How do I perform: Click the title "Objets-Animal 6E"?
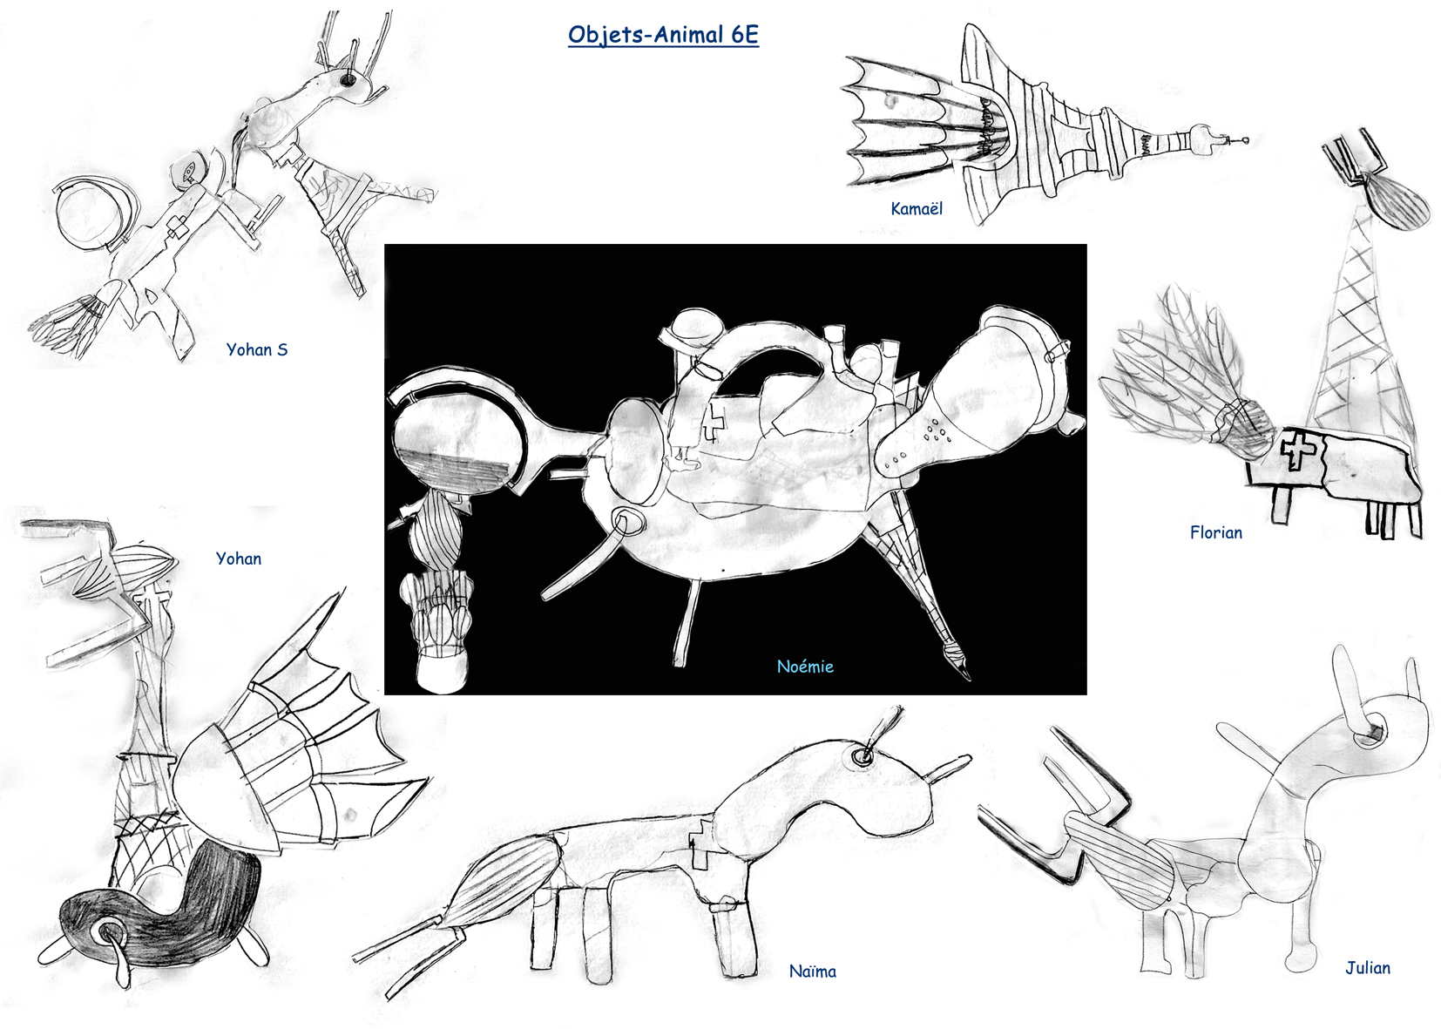point(663,35)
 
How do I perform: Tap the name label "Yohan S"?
point(257,349)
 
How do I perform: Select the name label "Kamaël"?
point(917,208)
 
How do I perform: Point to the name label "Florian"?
point(1216,532)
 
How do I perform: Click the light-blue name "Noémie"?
point(805,666)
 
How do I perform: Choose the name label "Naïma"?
point(813,971)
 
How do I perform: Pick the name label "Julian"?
point(1368,968)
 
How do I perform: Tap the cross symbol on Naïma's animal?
point(700,843)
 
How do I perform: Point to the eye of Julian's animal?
point(1374,733)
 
